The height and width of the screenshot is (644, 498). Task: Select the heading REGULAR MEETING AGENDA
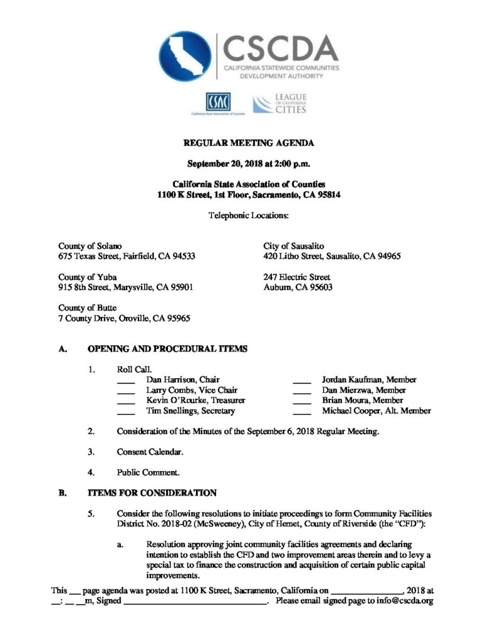click(249, 143)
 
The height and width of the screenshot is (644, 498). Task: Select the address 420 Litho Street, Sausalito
click(332, 256)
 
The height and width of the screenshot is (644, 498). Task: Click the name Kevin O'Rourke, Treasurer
click(195, 401)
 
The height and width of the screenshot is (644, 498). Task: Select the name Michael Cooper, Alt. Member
click(376, 411)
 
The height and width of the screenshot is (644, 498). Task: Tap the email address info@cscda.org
click(404, 601)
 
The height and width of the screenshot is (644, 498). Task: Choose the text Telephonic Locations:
click(249, 215)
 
